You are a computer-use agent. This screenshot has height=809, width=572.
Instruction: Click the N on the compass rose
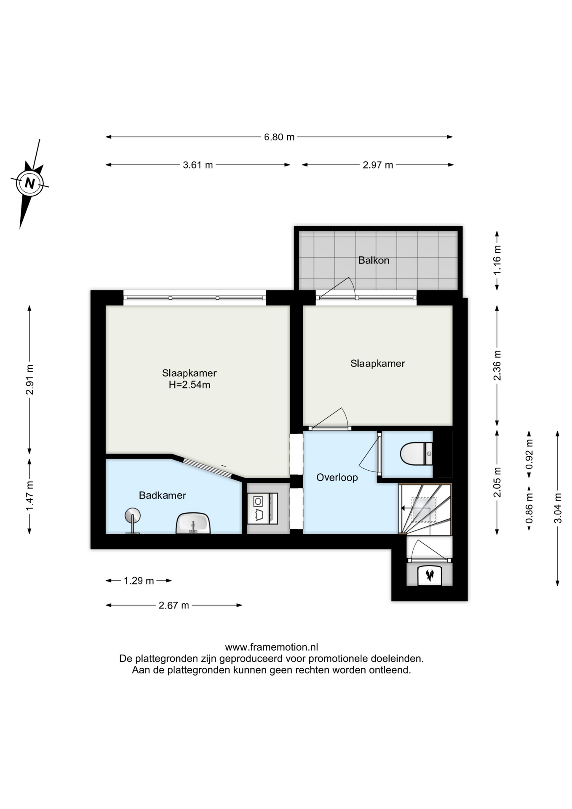pyautogui.click(x=29, y=183)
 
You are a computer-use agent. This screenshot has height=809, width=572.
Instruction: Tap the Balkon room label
pyautogui.click(x=374, y=260)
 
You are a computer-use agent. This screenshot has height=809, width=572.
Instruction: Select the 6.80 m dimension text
pyautogui.click(x=279, y=137)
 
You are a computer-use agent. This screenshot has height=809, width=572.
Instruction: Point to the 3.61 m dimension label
pyautogui.click(x=198, y=165)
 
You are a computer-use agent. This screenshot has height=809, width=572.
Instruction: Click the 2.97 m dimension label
pyautogui.click(x=378, y=165)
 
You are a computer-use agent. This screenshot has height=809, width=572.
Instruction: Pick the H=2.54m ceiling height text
pyautogui.click(x=190, y=385)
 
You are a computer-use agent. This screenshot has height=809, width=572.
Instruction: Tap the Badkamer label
pyautogui.click(x=163, y=496)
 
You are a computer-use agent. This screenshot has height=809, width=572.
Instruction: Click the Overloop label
pyautogui.click(x=337, y=477)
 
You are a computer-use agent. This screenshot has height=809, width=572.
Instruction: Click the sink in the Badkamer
pyautogui.click(x=193, y=523)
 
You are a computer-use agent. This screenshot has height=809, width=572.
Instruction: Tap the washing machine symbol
pyautogui.click(x=262, y=509)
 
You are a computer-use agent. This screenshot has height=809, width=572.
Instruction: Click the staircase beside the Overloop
pyautogui.click(x=425, y=509)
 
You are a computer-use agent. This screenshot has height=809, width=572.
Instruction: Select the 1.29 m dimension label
pyautogui.click(x=139, y=581)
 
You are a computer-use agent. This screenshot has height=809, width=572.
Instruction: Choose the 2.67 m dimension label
pyautogui.click(x=174, y=605)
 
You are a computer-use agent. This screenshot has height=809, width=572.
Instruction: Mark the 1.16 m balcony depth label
pyautogui.click(x=497, y=260)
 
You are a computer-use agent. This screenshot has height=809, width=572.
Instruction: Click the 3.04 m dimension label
pyautogui.click(x=558, y=508)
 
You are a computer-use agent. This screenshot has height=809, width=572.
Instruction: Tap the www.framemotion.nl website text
pyautogui.click(x=272, y=647)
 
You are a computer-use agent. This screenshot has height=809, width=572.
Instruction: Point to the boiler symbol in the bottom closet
pyautogui.click(x=430, y=575)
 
